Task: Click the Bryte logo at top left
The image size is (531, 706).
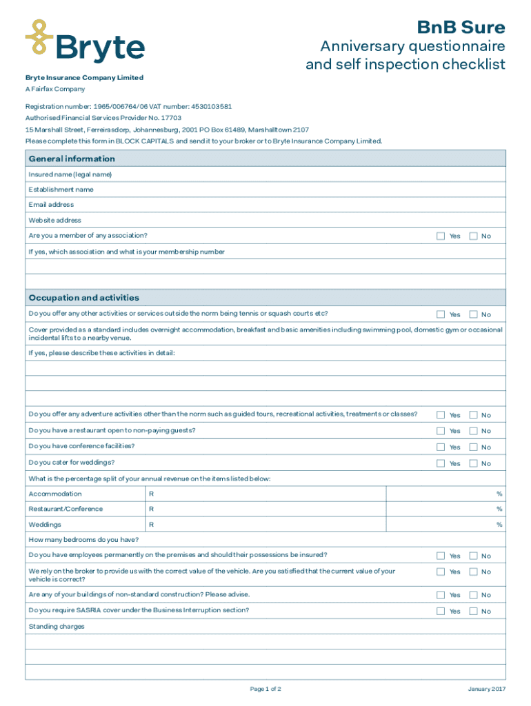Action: (85, 42)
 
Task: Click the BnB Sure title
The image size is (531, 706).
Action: (461, 28)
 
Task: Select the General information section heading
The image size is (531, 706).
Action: (72, 159)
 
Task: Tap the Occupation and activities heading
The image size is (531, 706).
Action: (83, 298)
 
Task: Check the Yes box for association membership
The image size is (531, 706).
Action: (441, 236)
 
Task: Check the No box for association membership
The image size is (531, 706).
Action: (473, 236)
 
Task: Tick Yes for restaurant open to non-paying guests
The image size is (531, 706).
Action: (441, 431)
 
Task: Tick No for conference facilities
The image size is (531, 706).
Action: (473, 447)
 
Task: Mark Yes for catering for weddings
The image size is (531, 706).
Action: (441, 463)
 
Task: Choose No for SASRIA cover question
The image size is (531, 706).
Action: (473, 611)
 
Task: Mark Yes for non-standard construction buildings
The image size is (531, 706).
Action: (441, 594)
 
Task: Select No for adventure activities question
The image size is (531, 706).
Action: (473, 415)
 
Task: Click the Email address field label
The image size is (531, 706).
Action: (51, 205)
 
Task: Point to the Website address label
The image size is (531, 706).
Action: (54, 221)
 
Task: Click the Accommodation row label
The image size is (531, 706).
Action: (55, 494)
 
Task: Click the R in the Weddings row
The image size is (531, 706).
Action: (152, 525)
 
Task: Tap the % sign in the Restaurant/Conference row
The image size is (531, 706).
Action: (499, 509)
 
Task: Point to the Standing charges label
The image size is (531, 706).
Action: (57, 627)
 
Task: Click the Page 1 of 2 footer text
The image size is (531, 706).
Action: (265, 689)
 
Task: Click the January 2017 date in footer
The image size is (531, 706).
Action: (486, 689)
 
